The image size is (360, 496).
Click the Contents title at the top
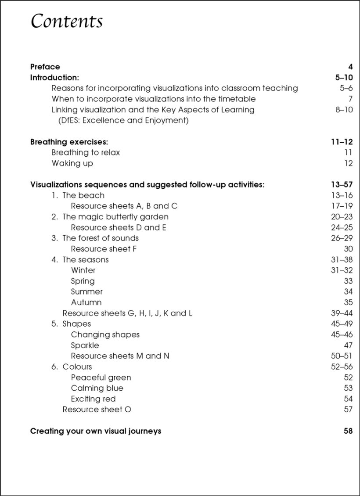[67, 22]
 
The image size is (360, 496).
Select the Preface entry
[45, 67]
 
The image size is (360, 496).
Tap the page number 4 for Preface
[350, 67]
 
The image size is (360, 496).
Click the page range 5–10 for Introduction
[344, 78]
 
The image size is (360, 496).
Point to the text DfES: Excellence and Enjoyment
[123, 120]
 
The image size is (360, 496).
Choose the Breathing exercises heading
[69, 142]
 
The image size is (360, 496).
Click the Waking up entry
[72, 163]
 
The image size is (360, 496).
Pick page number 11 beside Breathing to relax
[348, 153]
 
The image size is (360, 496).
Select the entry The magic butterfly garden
[115, 217]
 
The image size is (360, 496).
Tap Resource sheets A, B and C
[124, 206]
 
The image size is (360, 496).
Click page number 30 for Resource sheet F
[348, 249]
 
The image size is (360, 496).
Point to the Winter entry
[83, 270]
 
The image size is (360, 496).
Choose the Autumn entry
[86, 302]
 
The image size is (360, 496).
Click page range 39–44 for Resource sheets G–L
[342, 313]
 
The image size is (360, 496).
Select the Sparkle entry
[85, 345]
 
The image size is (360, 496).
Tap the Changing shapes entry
[105, 334]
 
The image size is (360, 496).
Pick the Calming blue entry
[97, 388]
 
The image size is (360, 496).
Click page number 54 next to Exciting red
[348, 399]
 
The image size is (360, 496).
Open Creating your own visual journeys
[96, 431]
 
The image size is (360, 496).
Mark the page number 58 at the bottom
[348, 431]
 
